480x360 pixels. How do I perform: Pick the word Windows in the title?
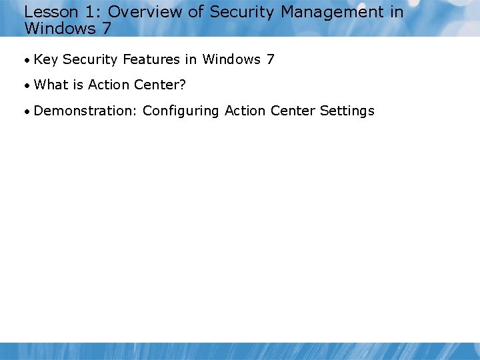click(x=60, y=29)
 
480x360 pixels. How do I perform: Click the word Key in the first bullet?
click(x=45, y=60)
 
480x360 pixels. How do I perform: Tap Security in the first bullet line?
click(x=90, y=60)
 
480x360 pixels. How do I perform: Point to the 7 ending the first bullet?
click(x=270, y=60)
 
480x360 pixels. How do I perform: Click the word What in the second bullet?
click(x=50, y=85)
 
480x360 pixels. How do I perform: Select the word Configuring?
click(x=181, y=111)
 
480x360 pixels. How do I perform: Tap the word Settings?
click(x=347, y=111)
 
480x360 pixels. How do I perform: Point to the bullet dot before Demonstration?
click(x=27, y=111)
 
